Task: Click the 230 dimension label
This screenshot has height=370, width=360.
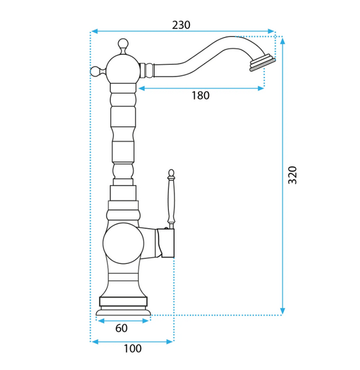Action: point(181,25)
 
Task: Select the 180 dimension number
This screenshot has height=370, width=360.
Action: point(200,96)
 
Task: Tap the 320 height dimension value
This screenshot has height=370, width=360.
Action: point(292,175)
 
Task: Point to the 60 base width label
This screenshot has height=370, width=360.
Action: point(121,328)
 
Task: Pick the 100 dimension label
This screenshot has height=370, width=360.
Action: point(133,348)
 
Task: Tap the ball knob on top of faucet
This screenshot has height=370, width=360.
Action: point(123,44)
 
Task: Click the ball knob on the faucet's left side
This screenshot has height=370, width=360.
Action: point(96,72)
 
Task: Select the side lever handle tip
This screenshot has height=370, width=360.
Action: point(171,173)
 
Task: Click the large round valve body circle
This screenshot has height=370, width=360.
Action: point(123,244)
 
